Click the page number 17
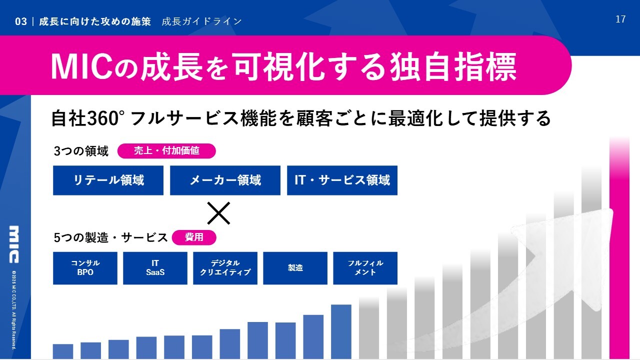pyautogui.click(x=620, y=19)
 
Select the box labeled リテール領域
pyautogui.click(x=108, y=180)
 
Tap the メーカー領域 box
pyautogui.click(x=225, y=180)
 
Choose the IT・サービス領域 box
pyautogui.click(x=342, y=180)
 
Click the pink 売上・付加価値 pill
pyautogui.click(x=166, y=151)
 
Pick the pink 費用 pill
pyautogui.click(x=194, y=237)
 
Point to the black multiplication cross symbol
pyautogui.click(x=218, y=213)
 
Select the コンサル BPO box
pyautogui.click(x=85, y=268)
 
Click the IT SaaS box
pyautogui.click(x=155, y=268)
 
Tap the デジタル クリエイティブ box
pyautogui.click(x=225, y=268)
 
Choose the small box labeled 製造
pyautogui.click(x=295, y=268)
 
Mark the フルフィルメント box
pyautogui.click(x=365, y=268)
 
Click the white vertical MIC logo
pyautogui.click(x=14, y=244)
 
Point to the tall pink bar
pyautogui.click(x=619, y=248)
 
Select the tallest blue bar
pyautogui.click(x=341, y=331)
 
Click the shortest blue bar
pyautogui.click(x=63, y=351)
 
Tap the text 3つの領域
pyautogui.click(x=81, y=151)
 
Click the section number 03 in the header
pyautogui.click(x=21, y=21)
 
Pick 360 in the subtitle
pyautogui.click(x=102, y=118)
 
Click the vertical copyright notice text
pyautogui.click(x=14, y=310)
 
